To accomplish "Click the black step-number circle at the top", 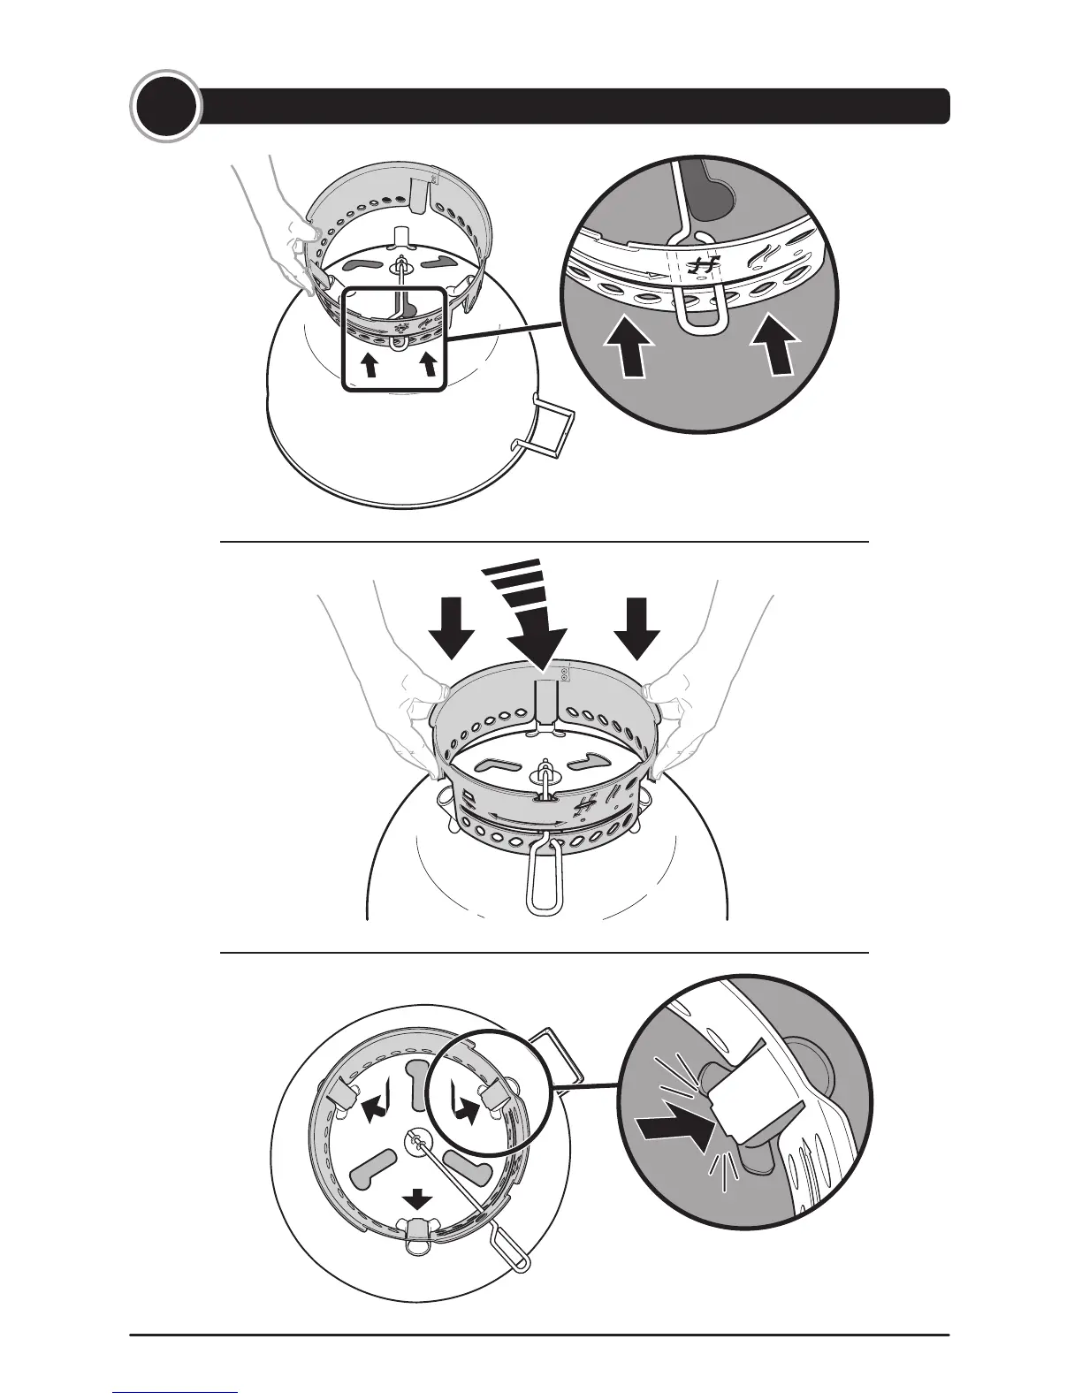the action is [x=164, y=108].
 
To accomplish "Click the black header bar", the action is [x=575, y=106].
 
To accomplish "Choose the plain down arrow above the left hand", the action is [x=452, y=626].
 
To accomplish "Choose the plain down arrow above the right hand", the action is [x=637, y=626].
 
